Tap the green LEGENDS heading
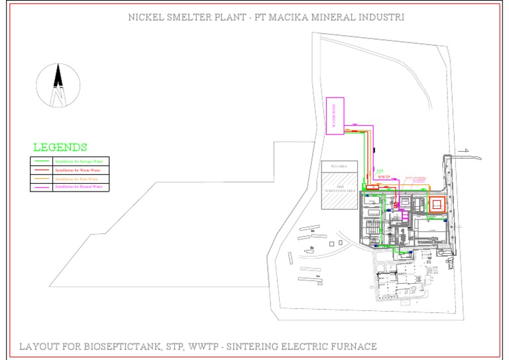pyautogui.click(x=60, y=147)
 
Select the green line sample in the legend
pyautogui.click(x=42, y=161)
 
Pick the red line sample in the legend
pyautogui.click(x=42, y=170)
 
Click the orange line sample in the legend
pyautogui.click(x=42, y=179)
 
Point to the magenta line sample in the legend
pyautogui.click(x=42, y=188)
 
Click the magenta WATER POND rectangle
pyautogui.click(x=336, y=116)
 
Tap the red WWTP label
pyautogui.click(x=384, y=178)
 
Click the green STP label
pyautogui.click(x=380, y=170)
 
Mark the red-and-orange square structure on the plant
pyautogui.click(x=436, y=204)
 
